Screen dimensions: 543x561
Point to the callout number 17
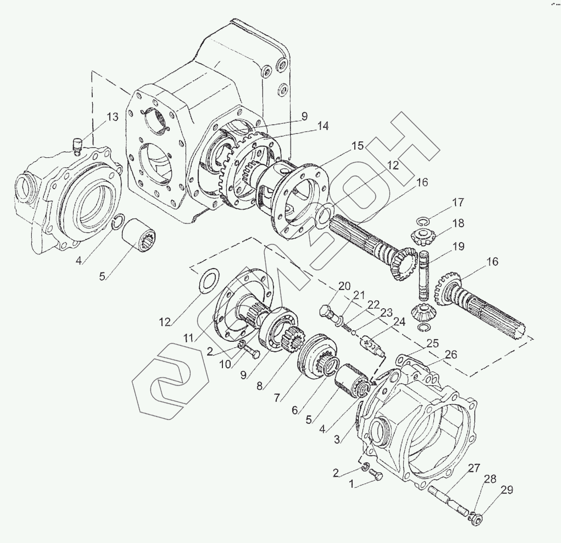458,202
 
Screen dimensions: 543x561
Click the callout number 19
458,247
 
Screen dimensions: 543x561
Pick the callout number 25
433,344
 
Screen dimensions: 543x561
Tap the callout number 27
474,468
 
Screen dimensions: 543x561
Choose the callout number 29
507,490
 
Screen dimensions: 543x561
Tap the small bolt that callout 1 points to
377,476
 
